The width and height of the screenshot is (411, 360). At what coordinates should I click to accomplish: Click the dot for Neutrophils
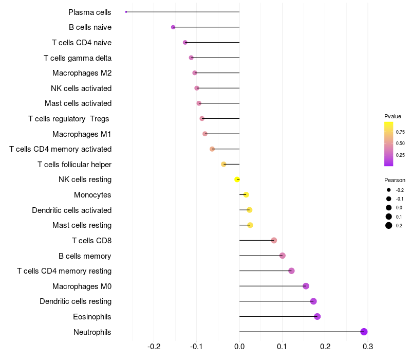click(364, 332)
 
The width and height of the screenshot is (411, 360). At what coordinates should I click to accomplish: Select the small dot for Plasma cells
click(126, 12)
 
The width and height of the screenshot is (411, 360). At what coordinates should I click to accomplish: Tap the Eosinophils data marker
click(317, 316)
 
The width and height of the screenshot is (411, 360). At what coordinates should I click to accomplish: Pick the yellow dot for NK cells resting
click(237, 179)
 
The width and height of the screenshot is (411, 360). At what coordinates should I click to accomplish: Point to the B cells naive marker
click(173, 27)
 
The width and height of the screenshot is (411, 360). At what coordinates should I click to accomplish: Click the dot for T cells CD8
click(274, 240)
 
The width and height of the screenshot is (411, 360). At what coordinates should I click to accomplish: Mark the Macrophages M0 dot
click(306, 286)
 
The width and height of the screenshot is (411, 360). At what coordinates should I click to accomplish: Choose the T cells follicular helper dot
click(223, 164)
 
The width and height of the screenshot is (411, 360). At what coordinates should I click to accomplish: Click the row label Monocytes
click(92, 195)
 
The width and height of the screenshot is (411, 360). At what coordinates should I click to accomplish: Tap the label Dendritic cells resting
click(76, 301)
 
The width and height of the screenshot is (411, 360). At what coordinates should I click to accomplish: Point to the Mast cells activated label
click(78, 103)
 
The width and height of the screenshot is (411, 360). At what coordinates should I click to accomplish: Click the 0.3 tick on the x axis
click(368, 347)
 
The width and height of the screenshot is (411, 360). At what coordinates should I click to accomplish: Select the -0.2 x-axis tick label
click(154, 347)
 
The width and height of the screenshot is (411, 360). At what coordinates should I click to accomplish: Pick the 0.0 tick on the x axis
click(239, 347)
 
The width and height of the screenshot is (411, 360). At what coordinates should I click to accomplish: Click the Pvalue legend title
click(393, 116)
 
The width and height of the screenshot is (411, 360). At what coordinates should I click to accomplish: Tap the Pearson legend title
click(395, 180)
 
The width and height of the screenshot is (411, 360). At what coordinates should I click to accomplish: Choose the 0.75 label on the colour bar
click(400, 132)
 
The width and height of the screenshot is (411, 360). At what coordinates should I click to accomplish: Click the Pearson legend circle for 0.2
click(389, 225)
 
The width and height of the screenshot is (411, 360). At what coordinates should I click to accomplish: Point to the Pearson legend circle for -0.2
click(389, 190)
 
